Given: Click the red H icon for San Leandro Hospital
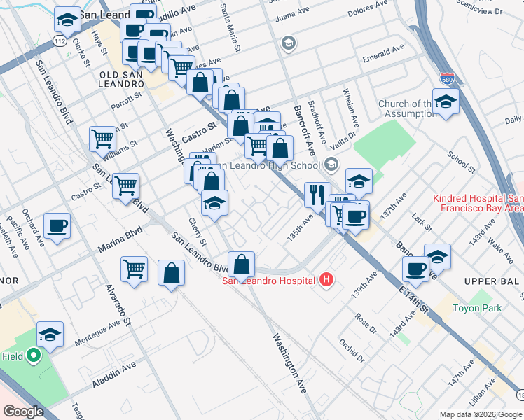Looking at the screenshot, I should click(326, 281).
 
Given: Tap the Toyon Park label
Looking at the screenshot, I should click(474, 307).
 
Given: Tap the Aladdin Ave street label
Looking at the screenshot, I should click(114, 376).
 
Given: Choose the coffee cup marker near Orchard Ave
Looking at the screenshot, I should click(57, 226).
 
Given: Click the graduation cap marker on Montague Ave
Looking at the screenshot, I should click(50, 335).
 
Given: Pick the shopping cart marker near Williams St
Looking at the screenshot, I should click(103, 138).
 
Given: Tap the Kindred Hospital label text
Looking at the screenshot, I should click(478, 203).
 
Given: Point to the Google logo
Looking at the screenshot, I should click(24, 412).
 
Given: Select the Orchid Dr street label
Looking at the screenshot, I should click(352, 351).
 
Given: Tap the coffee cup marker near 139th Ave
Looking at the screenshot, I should click(415, 269).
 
